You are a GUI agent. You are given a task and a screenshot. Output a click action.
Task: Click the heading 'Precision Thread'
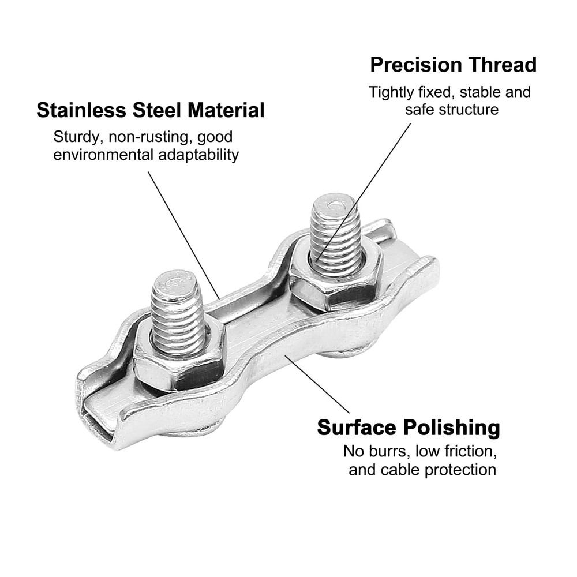point(453,65)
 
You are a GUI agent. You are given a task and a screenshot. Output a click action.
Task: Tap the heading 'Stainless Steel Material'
point(151,110)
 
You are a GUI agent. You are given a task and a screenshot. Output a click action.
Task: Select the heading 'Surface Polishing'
point(409,428)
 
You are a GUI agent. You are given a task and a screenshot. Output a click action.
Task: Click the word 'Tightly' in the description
point(391,92)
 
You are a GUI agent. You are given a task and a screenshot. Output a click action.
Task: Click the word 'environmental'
point(104,155)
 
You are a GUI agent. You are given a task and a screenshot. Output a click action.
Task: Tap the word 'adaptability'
point(198,155)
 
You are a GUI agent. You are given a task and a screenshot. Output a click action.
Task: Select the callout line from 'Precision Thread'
point(363,193)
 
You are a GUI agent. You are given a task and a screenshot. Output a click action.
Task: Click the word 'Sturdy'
point(78,137)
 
